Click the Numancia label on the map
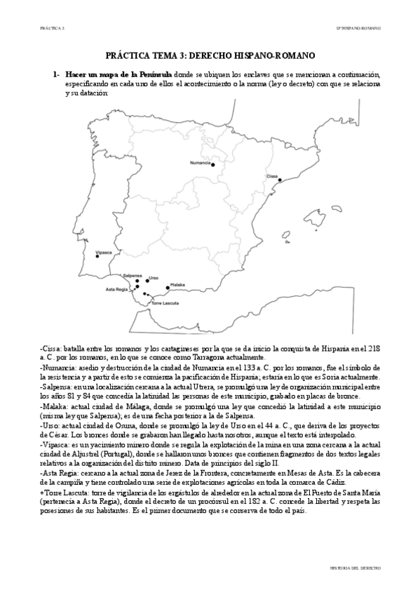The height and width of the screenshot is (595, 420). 200,163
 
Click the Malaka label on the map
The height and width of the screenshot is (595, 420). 178,285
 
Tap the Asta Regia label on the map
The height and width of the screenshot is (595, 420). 116,289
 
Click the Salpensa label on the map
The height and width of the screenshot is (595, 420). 133,276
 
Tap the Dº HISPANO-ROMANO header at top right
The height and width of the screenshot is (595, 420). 359,28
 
